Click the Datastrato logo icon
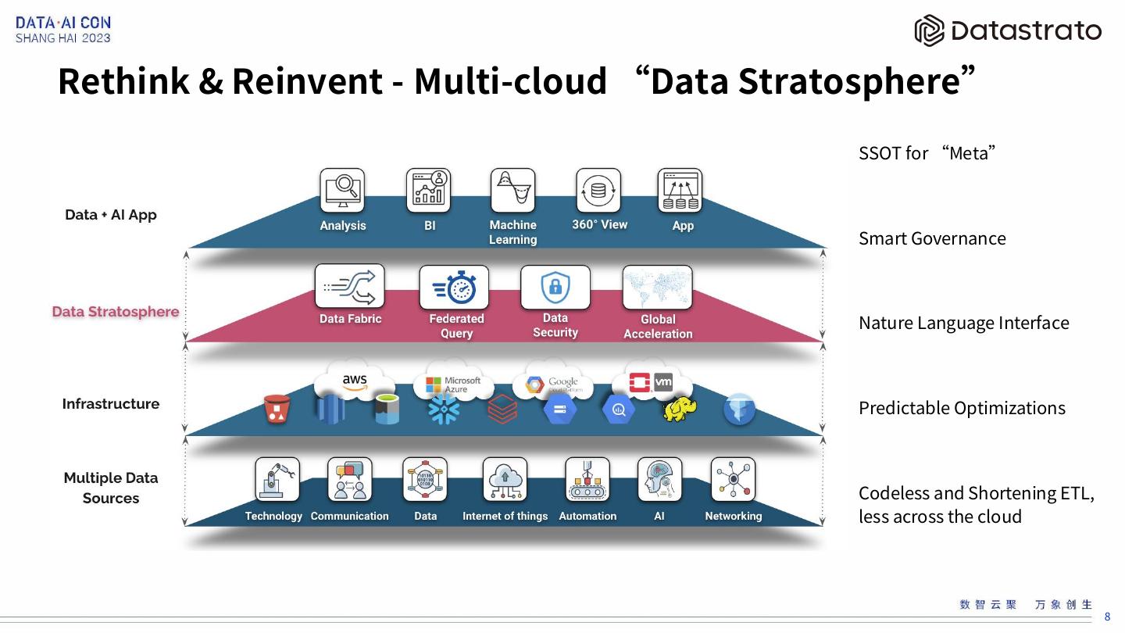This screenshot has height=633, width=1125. [930, 30]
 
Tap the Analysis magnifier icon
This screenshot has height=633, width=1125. [342, 190]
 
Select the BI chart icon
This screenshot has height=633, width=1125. [428, 190]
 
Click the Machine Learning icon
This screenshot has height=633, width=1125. [512, 190]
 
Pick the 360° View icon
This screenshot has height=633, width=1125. [598, 190]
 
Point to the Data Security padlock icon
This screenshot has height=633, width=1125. [555, 287]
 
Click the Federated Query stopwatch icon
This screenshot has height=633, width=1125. [454, 288]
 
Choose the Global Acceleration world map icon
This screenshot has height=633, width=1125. [657, 288]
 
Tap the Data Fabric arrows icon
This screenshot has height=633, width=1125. [349, 286]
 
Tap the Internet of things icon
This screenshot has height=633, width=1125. [505, 479]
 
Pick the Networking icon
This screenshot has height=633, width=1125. [733, 479]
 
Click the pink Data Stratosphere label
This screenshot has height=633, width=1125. [116, 312]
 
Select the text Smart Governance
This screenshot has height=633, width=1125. [932, 238]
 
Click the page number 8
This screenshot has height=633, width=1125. [1107, 617]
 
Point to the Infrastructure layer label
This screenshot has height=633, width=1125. [111, 404]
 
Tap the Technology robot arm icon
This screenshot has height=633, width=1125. [277, 479]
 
